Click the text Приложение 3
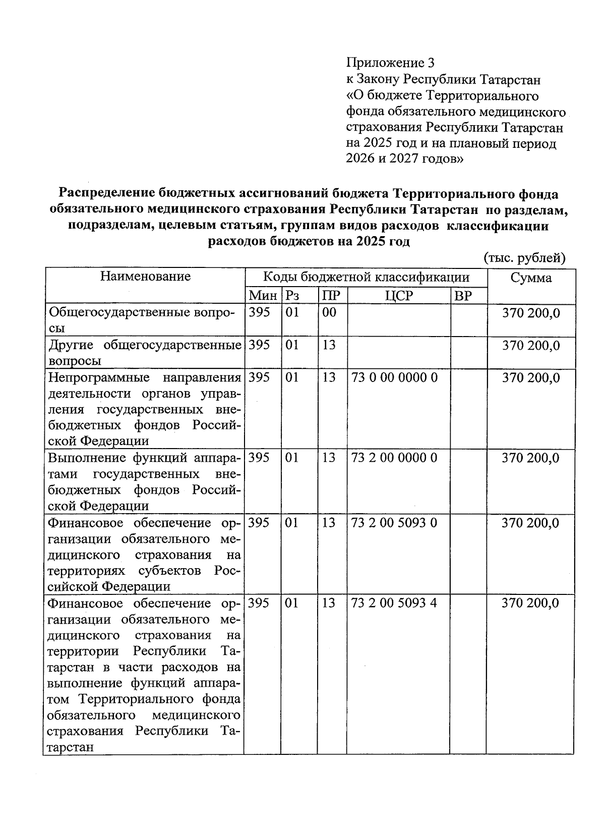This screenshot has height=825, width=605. (390, 63)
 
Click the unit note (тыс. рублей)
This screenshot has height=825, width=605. (524, 258)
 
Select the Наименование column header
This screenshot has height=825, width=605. (145, 276)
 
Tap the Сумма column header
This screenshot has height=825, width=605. (531, 278)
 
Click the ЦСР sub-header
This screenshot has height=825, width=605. (398, 295)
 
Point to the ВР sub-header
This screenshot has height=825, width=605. (463, 296)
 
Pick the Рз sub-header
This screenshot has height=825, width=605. (293, 295)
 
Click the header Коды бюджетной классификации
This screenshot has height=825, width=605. (366, 277)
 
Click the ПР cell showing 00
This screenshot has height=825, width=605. (329, 312)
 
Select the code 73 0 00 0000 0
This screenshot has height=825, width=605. (394, 377)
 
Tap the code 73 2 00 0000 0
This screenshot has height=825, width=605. (394, 458)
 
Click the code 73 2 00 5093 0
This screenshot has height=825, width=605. (394, 523)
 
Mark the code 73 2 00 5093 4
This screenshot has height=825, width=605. (394, 603)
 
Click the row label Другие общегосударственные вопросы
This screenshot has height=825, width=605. (144, 353)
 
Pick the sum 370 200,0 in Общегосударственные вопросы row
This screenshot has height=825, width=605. (531, 313)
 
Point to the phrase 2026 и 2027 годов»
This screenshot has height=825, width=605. (404, 159)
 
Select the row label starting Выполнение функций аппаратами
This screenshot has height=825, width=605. (144, 482)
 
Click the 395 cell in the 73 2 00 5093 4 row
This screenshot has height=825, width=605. (259, 603)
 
